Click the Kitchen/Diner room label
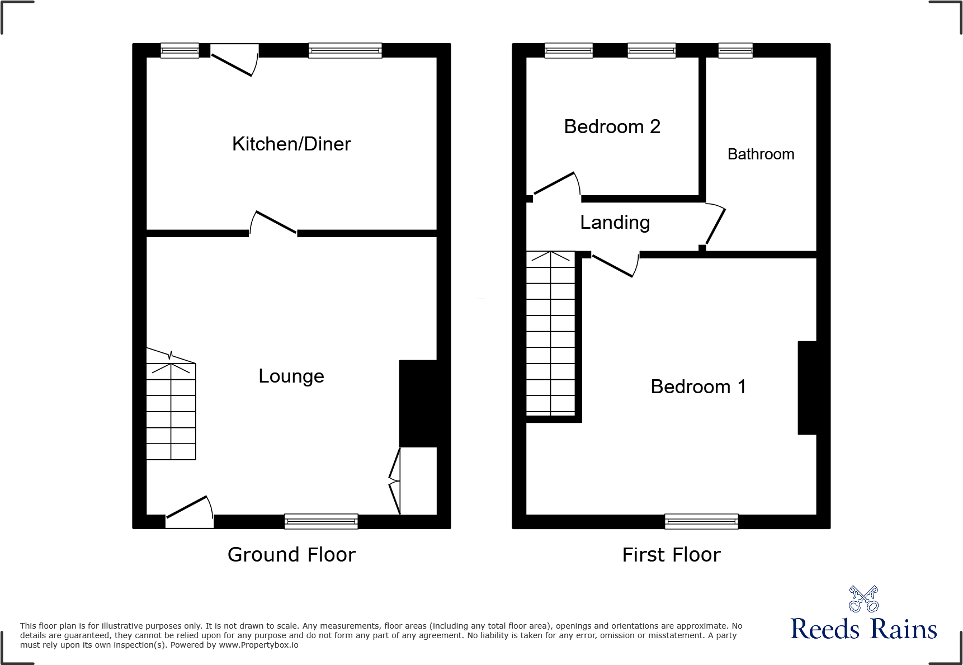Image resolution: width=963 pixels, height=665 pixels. tap(291, 144)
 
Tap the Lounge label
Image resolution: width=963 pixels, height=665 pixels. tap(291, 376)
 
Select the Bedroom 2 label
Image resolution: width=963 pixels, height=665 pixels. tap(612, 127)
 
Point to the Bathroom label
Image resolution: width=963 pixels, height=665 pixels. tap(761, 154)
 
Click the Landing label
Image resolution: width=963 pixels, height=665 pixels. tap(615, 223)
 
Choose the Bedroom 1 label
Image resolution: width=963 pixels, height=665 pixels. tap(698, 387)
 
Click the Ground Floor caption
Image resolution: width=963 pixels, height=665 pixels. tap(291, 555)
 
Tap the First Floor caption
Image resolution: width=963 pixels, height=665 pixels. tap(671, 555)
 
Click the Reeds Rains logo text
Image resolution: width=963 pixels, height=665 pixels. tap(863, 629)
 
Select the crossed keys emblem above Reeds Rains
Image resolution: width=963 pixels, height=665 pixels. tap(863, 599)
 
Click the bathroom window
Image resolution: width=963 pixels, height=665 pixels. tap(735, 51)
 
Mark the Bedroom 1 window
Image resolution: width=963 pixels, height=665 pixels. tap(701, 521)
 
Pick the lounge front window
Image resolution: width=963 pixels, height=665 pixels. tap(321, 521)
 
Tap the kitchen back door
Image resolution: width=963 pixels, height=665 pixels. tap(234, 60)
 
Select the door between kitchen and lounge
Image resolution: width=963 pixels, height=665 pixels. tap(273, 224)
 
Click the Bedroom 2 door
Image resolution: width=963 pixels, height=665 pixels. tap(556, 185)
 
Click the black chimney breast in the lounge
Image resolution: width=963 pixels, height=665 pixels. tap(418, 403)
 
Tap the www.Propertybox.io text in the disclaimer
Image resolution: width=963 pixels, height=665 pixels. tap(258, 645)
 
